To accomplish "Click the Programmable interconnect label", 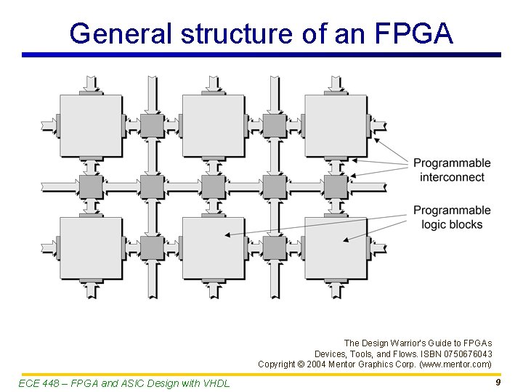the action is (x=452, y=170).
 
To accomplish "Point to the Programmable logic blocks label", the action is (x=452, y=217).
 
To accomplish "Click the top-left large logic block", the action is (x=91, y=126).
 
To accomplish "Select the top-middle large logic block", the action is (x=213, y=126).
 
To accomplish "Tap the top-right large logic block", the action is (x=336, y=126).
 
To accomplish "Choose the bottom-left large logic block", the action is (x=91, y=248).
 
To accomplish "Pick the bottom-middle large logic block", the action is (x=213, y=248).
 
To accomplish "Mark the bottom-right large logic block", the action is (x=336, y=248).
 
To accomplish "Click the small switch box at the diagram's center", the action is (x=213, y=187).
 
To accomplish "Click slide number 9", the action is (x=498, y=382).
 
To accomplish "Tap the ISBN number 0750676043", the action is (x=467, y=354).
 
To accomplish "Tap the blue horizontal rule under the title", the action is (x=261, y=54).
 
